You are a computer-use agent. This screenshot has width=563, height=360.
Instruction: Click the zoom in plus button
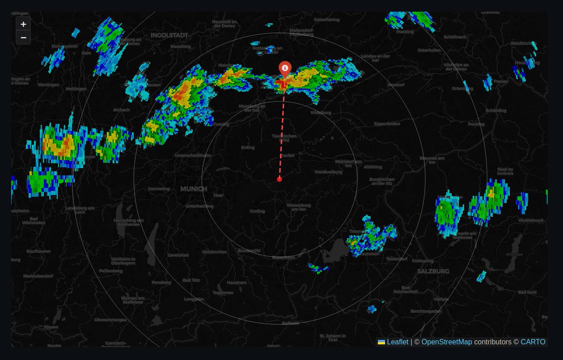[x=23, y=24]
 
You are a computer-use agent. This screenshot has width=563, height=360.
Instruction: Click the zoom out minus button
[x=23, y=38]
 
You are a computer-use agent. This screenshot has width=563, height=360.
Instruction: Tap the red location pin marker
[x=284, y=69]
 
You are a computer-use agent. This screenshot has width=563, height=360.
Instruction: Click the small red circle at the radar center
[x=280, y=179]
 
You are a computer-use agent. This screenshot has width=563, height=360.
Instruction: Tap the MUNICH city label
[x=193, y=189]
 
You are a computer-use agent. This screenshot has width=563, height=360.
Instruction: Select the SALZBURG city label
[x=433, y=271]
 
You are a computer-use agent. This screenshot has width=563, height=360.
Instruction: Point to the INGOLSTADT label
[x=169, y=35]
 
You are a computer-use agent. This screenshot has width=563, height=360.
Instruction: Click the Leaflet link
[x=397, y=342]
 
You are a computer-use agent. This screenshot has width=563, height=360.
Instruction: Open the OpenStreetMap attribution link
[x=446, y=342]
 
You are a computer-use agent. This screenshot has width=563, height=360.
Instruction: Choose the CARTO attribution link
[x=533, y=342]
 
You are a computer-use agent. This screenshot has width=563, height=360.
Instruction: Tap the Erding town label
[x=247, y=147]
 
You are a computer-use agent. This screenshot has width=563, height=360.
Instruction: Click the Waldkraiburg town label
[x=328, y=172]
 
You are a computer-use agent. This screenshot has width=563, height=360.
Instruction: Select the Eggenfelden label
[x=387, y=124]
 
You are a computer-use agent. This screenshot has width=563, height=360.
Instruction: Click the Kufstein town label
[x=290, y=323]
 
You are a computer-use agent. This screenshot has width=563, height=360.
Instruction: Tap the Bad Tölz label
[x=191, y=280]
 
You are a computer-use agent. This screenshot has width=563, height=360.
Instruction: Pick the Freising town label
[x=221, y=124]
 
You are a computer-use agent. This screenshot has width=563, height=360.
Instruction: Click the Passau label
[x=501, y=81]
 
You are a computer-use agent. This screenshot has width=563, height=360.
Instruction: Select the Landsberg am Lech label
[x=80, y=210]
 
